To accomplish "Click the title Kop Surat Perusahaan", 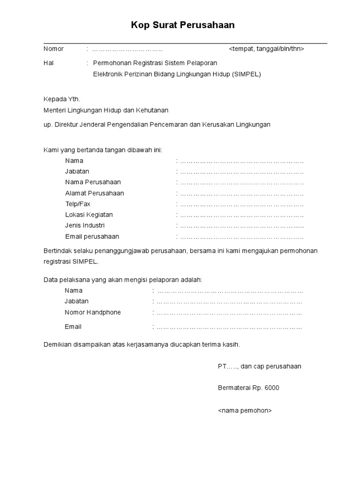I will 183,25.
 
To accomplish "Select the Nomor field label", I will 53,49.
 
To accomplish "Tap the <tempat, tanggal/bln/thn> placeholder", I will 266,49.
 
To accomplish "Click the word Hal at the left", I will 49,63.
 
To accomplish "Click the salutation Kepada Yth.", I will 62,99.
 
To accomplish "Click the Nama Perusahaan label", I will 93,182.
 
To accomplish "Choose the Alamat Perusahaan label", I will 94,193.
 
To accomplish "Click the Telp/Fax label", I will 78,204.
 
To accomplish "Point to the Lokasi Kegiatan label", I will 89,215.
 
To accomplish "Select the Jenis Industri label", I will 85,225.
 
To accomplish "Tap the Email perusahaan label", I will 92,236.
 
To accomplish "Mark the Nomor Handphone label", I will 92,312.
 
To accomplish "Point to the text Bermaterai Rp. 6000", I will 248,388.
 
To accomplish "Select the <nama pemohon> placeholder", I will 245,410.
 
